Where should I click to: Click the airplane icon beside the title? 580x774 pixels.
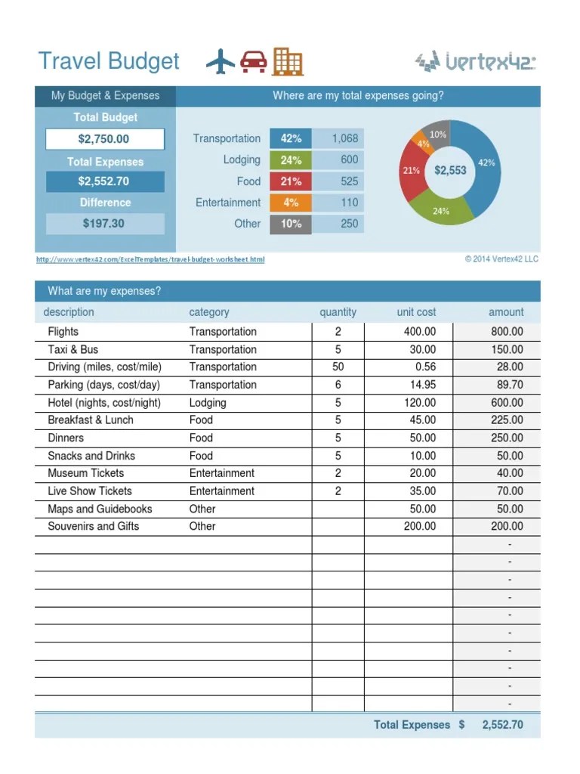221,61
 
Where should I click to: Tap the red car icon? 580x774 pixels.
254,62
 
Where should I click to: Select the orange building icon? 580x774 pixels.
287,61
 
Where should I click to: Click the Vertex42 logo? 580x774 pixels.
476,61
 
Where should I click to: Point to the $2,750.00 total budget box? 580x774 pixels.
104,139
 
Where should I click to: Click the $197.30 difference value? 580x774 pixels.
104,224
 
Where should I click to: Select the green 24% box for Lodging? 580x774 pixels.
291,160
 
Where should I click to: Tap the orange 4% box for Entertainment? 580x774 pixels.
291,203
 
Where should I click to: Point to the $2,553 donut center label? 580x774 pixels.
450,171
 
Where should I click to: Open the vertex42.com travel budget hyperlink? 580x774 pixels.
150,259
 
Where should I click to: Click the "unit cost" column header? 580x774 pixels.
416,312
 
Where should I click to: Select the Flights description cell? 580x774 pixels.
63,332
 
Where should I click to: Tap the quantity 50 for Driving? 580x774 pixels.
338,367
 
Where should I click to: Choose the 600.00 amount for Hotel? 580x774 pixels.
506,403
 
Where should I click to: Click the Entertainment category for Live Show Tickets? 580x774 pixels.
222,491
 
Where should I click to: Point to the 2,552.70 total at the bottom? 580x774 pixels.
502,725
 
